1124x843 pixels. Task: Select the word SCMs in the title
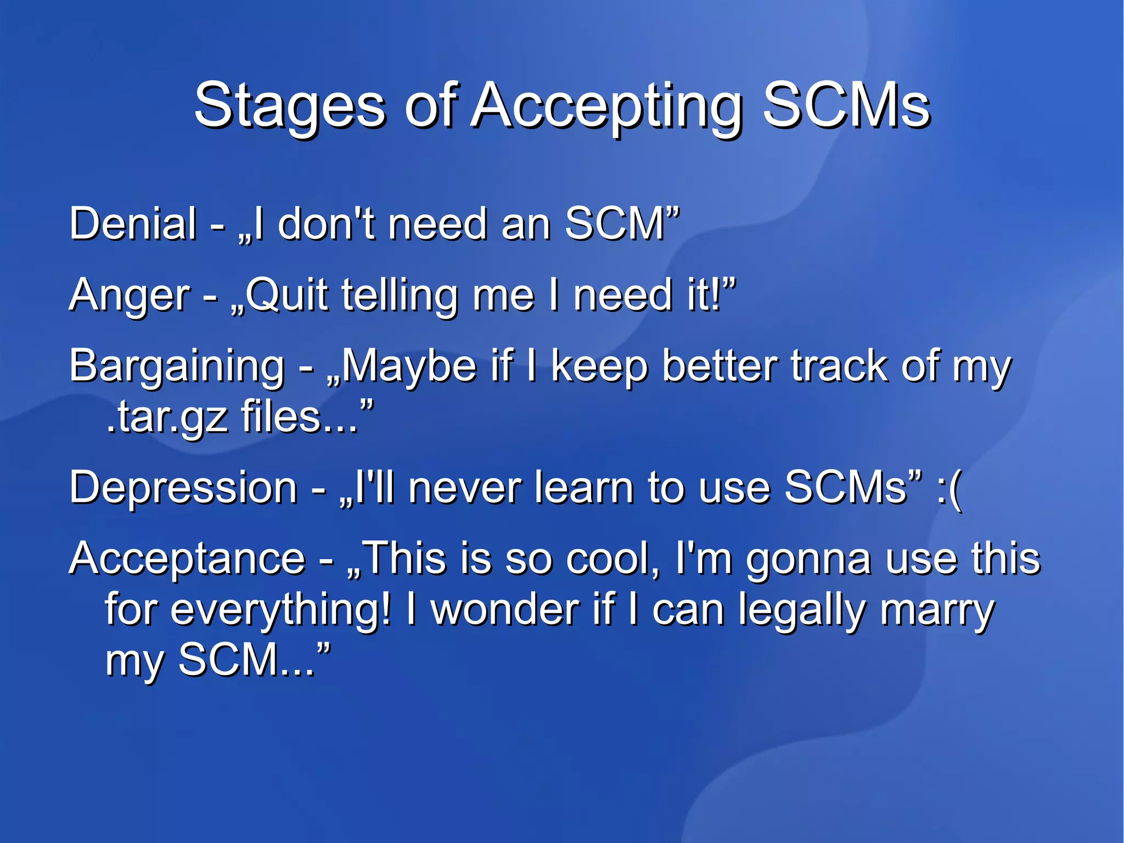pos(847,104)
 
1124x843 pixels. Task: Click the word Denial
pos(133,224)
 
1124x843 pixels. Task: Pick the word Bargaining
pos(177,367)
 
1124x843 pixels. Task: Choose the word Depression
pos(183,487)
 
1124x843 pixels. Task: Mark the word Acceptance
pos(187,559)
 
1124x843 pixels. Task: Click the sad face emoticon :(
pos(949,488)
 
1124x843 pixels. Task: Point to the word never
pos(464,487)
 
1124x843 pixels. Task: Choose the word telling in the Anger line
pos(399,295)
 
